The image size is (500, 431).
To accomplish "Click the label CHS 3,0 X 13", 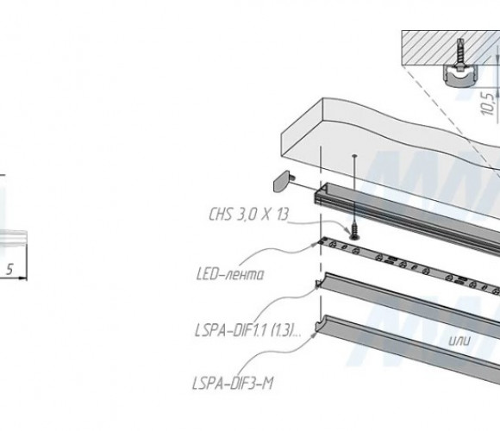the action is [249, 214].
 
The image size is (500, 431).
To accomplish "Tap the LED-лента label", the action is [230, 274].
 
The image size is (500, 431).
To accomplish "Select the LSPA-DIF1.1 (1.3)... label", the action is [247, 330].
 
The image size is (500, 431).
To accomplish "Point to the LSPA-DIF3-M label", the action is [233, 384].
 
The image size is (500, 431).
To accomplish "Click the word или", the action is [459, 341].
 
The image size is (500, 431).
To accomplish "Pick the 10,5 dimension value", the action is [488, 103].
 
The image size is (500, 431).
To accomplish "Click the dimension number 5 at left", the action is [9, 269].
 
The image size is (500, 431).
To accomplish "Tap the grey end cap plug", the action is [281, 181].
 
